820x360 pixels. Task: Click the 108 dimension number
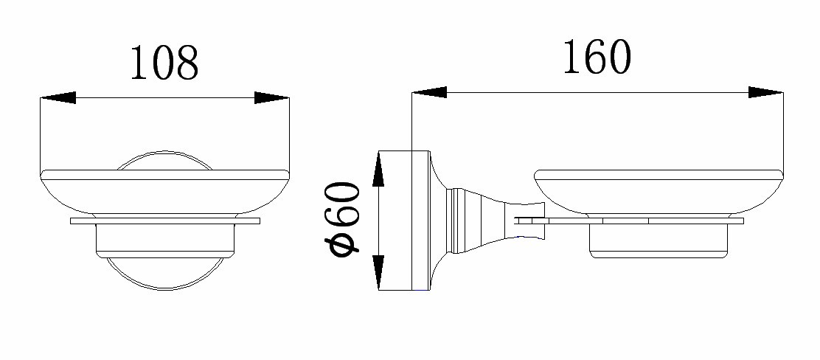pyautogui.click(x=164, y=63)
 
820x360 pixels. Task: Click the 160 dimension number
pyautogui.click(x=597, y=57)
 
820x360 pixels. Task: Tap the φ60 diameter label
pyautogui.click(x=342, y=219)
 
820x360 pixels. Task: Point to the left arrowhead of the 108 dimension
pyautogui.click(x=58, y=97)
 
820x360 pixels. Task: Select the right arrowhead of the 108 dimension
pyautogui.click(x=271, y=97)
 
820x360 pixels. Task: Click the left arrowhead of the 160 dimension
pyautogui.click(x=429, y=92)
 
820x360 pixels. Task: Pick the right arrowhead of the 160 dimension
pyautogui.click(x=765, y=92)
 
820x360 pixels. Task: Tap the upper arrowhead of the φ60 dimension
pyautogui.click(x=378, y=168)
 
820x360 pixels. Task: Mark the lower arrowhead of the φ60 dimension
pyautogui.click(x=378, y=273)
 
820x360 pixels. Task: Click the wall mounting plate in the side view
pyautogui.click(x=403, y=221)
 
